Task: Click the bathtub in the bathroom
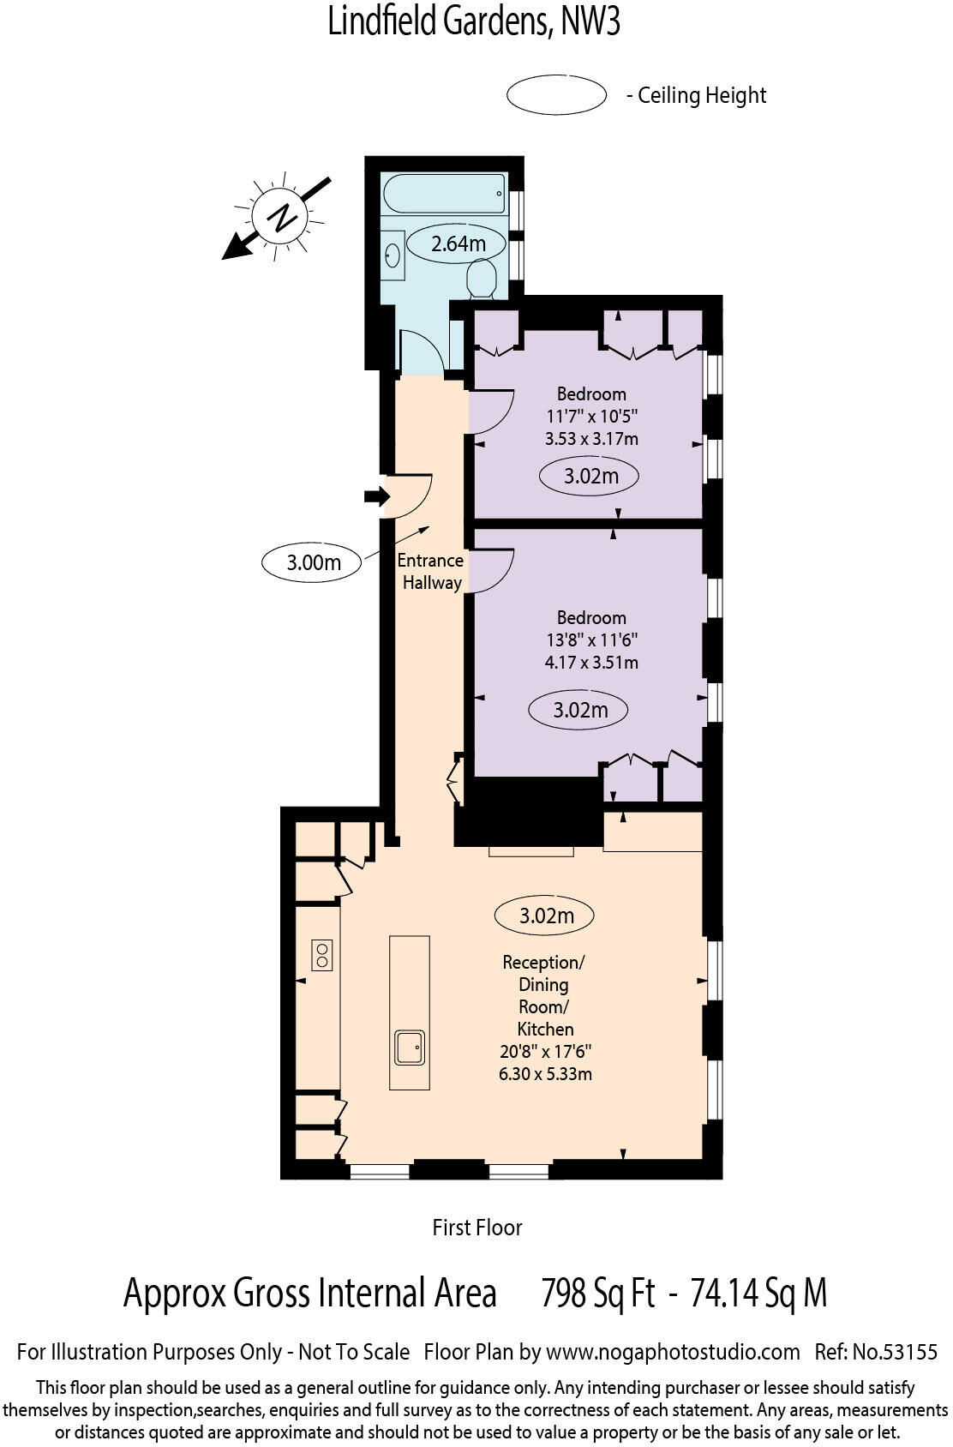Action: (x=444, y=194)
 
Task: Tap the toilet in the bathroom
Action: (x=482, y=279)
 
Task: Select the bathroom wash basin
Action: (x=393, y=255)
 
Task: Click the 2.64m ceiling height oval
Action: (x=458, y=243)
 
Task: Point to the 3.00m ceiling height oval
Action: (x=312, y=563)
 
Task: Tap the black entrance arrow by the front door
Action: (x=376, y=496)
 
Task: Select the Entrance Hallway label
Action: (x=430, y=571)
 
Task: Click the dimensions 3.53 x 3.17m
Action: (x=591, y=439)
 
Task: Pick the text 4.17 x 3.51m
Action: (x=591, y=663)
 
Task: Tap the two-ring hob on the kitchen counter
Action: (x=322, y=955)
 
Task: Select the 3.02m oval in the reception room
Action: (x=545, y=916)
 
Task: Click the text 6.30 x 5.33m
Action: (x=545, y=1074)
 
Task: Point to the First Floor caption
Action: (x=476, y=1228)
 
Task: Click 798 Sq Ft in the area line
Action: (x=597, y=1293)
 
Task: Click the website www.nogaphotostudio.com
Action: (x=672, y=1353)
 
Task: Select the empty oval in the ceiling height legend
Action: (x=556, y=94)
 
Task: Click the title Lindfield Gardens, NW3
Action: (x=474, y=21)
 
